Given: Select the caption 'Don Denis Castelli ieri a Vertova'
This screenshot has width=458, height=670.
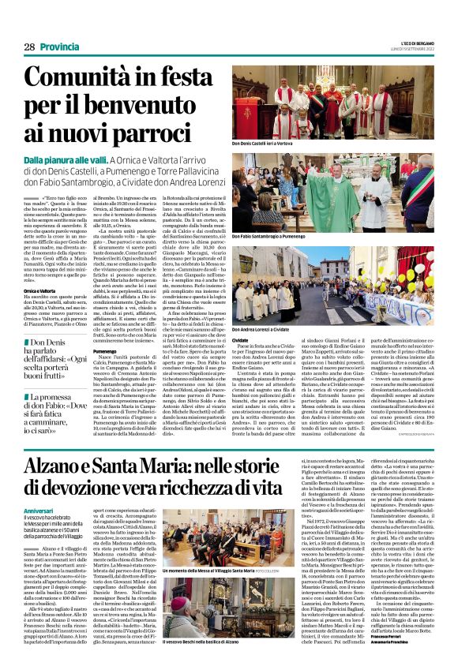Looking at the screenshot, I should [x=271, y=144].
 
